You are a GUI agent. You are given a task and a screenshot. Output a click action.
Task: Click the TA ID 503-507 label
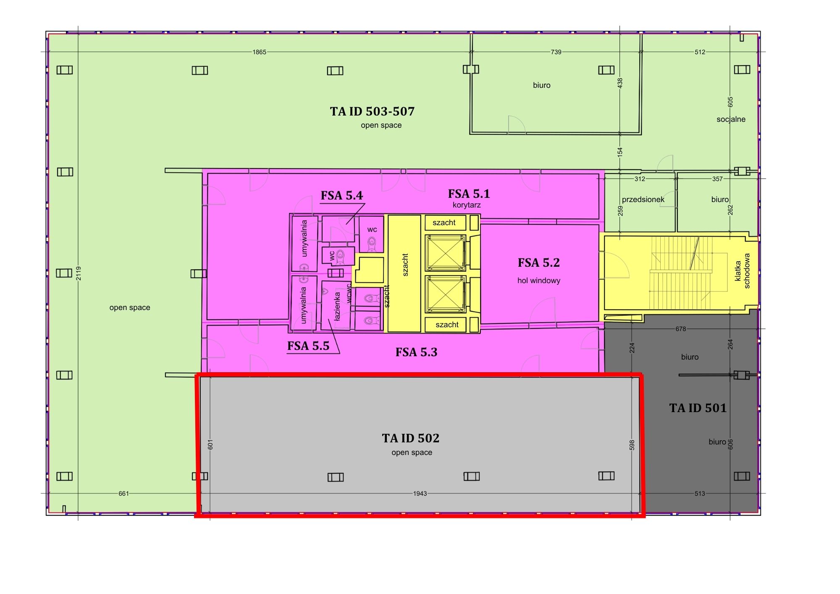pyautogui.click(x=372, y=111)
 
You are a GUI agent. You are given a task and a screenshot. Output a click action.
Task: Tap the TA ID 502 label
pyautogui.click(x=411, y=438)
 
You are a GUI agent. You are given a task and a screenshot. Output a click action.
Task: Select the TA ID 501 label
pyautogui.click(x=698, y=408)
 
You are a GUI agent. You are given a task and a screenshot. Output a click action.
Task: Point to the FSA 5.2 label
pyautogui.click(x=539, y=263)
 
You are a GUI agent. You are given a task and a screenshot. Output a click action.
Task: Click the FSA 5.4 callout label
pyautogui.click(x=342, y=195)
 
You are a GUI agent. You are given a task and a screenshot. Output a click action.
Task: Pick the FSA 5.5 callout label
pyautogui.click(x=308, y=346)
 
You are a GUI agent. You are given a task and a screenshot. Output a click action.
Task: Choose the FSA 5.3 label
pyautogui.click(x=416, y=352)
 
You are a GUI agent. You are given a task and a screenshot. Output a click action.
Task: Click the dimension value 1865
pyautogui.click(x=260, y=52)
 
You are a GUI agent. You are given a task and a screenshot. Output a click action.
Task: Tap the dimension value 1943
pyautogui.click(x=420, y=494)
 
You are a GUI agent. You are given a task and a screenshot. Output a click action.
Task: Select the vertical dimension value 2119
pyautogui.click(x=79, y=273)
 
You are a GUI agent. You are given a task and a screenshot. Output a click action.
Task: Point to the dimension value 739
pyautogui.click(x=556, y=52)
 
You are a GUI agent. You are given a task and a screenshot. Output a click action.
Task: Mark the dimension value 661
pyautogui.click(x=123, y=494)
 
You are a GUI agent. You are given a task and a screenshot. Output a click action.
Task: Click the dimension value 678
pyautogui.click(x=681, y=329)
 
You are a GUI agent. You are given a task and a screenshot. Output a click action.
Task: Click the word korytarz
pyautogui.click(x=467, y=205)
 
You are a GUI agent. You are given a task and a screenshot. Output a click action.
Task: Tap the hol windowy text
pyautogui.click(x=539, y=281)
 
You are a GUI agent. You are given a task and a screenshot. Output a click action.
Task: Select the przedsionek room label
pyautogui.click(x=643, y=200)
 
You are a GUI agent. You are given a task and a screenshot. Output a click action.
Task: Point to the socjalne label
pyautogui.click(x=731, y=119)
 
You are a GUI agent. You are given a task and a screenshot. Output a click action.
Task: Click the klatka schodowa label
pyautogui.click(x=742, y=271)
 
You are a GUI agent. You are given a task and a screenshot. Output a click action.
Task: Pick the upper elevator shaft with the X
pyautogui.click(x=445, y=253)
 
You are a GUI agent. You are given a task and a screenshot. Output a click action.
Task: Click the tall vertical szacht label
pyautogui.click(x=405, y=265)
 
